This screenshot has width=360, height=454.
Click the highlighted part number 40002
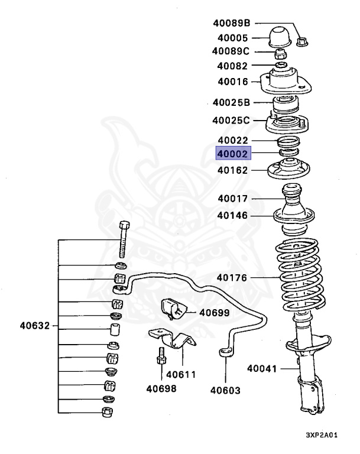233,154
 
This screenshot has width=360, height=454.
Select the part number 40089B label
231,23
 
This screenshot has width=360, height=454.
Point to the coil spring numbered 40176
300,274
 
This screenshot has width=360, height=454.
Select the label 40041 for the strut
262,369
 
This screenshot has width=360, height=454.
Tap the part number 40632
35,326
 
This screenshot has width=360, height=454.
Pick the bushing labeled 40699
174,309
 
